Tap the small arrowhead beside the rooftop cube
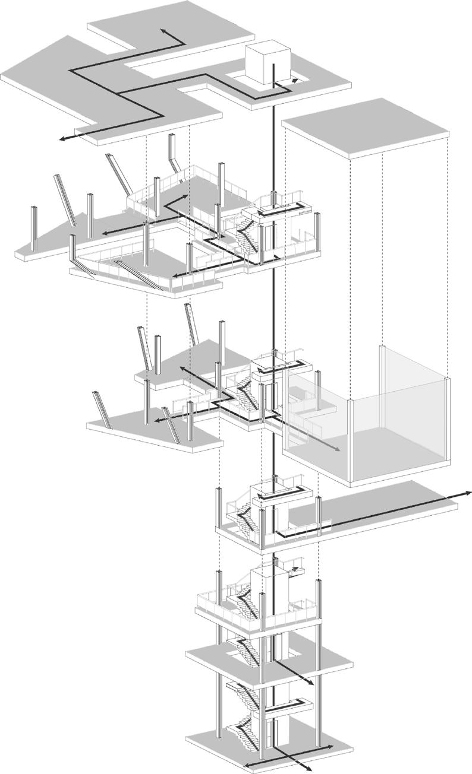pyautogui.click(x=295, y=78)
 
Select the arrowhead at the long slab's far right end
pyautogui.click(x=468, y=493)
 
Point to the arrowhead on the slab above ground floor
pyautogui.click(x=310, y=685)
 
